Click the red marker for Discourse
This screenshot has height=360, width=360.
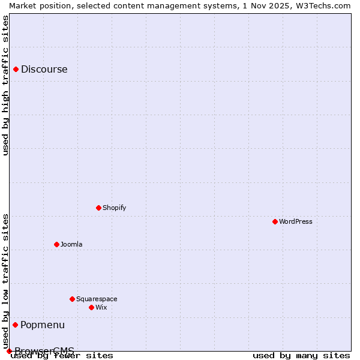tap(16, 69)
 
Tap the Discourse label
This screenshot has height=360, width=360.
tap(44, 69)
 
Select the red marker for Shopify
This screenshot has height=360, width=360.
tap(98, 208)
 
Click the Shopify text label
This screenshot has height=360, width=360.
tap(114, 208)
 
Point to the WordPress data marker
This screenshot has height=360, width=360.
tap(275, 221)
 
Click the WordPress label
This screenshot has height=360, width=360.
tap(295, 221)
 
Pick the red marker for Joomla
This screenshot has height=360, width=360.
tap(56, 244)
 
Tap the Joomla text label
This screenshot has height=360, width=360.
tap(71, 244)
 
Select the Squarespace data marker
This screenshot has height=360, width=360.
tap(72, 299)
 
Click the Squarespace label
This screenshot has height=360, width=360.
tap(97, 299)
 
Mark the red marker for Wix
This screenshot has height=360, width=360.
tap(91, 307)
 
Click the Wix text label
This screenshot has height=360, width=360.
tap(101, 307)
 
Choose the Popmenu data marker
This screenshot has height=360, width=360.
tap(15, 325)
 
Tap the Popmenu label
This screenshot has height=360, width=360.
tap(42, 325)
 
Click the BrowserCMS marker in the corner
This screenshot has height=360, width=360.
tap(9, 351)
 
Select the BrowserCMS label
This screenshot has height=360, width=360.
tap(44, 350)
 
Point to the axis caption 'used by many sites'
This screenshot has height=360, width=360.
tap(301, 355)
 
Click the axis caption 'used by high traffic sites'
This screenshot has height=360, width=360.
tap(6, 85)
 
